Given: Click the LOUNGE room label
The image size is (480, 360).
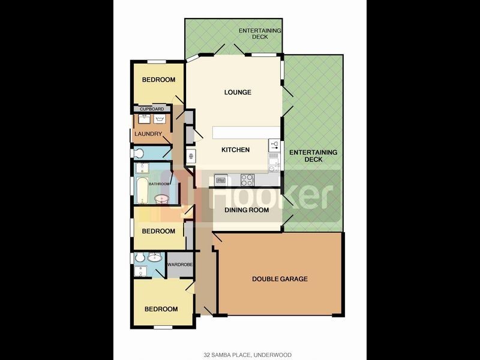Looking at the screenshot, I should tap(238, 92).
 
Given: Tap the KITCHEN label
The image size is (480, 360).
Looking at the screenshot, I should tap(235, 150).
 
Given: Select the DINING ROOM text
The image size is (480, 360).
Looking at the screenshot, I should tap(247, 211).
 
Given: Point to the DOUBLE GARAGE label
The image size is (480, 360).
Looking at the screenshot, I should tap(280, 279).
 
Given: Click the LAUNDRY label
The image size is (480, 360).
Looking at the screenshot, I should tap(148, 134).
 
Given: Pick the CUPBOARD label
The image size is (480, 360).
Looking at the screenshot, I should tap(152, 109).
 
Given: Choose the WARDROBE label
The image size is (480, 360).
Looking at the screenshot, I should tap(179, 264).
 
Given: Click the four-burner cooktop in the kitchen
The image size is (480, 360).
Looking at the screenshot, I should tap(247, 178).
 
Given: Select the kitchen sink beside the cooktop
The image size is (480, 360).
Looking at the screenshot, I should tap(221, 179).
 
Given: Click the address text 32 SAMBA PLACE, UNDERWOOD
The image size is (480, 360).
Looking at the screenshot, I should tap(239, 355).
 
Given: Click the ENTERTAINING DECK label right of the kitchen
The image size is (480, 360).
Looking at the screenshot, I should tap(313, 156).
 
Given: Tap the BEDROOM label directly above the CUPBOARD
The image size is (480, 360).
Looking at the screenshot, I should tap(158, 80).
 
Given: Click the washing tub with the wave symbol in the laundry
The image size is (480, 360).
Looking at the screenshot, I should tap(159, 119).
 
